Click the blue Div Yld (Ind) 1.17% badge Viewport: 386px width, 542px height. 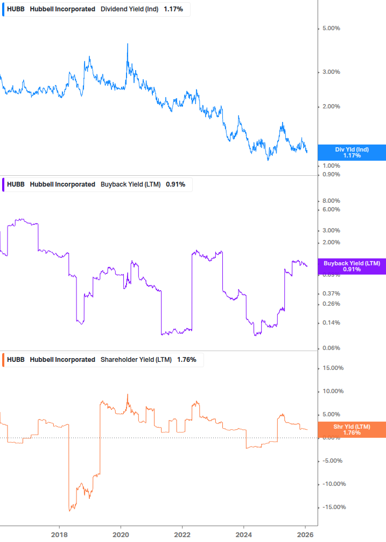point(352,152)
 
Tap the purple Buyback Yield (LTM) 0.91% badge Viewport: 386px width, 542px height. point(352,266)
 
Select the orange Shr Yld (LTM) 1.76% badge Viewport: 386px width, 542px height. point(352,429)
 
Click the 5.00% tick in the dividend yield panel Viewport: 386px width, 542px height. point(331,29)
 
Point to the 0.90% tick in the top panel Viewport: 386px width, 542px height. point(331,175)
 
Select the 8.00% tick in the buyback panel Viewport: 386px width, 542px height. point(331,201)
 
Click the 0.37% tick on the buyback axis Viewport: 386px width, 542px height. point(331,293)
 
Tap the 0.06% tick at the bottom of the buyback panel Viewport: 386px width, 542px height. point(331,348)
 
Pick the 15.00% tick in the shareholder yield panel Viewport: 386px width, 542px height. point(332,368)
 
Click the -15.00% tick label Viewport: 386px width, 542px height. point(332,507)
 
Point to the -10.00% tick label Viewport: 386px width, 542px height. point(332,484)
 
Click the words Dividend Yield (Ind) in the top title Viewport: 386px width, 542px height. point(130,9)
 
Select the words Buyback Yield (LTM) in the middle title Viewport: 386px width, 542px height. point(131,184)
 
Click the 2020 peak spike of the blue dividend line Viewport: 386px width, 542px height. point(127,45)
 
